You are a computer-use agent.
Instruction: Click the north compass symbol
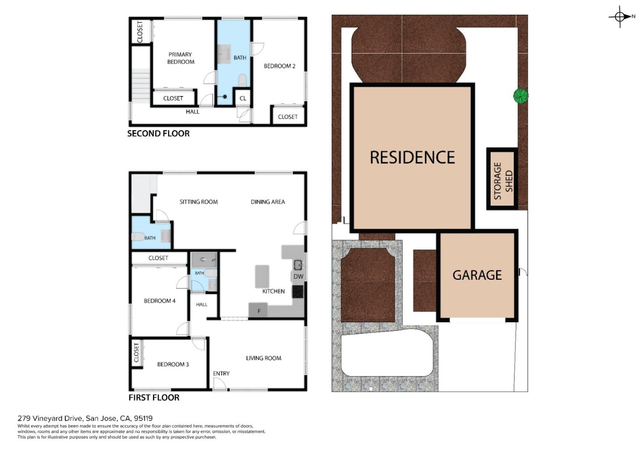coord(620,17)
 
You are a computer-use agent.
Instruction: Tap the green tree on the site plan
coord(521,96)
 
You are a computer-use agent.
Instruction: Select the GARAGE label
coord(477,275)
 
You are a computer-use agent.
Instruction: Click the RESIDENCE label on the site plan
coord(412,157)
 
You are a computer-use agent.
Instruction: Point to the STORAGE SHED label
coord(503,181)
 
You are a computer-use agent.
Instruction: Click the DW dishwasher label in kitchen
coord(298,276)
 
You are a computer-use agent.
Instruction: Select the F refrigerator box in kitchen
coord(258,311)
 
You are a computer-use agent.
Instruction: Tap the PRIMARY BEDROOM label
coord(181,58)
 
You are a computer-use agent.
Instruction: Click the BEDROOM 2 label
coord(280,66)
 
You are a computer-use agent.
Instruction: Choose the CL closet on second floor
coord(243,98)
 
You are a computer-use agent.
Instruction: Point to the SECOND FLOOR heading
coord(158,134)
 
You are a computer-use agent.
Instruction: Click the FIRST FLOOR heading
coord(154,397)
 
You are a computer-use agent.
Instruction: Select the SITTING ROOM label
coord(199,202)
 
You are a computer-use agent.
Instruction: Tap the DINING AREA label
coord(267,202)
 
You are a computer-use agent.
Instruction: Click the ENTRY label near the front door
coord(221,374)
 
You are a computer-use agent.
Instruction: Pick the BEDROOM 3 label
coord(173,364)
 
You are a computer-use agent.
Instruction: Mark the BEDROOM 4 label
coord(160,301)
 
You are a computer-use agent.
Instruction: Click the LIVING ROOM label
coord(263,358)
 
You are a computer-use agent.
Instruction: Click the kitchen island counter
coord(262,276)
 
